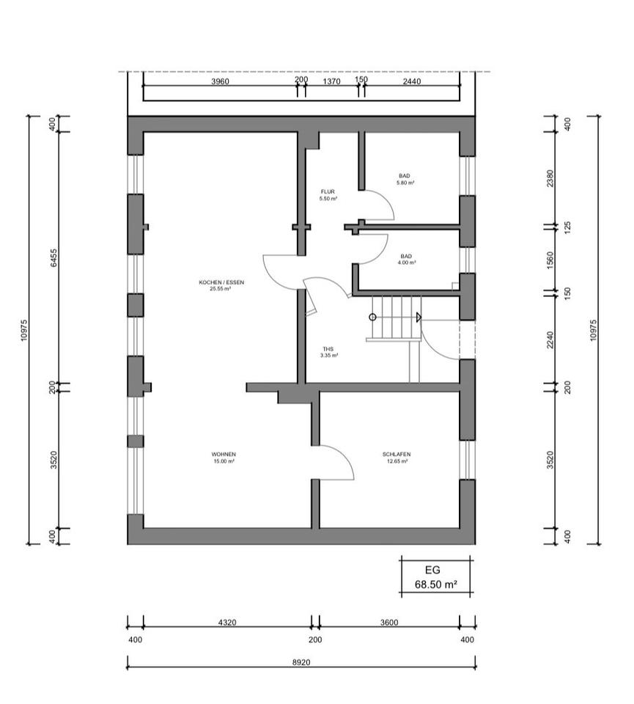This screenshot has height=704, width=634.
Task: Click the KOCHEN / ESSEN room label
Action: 221,282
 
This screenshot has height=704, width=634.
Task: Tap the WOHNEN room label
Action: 224,455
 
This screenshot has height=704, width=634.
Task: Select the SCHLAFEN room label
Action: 397,455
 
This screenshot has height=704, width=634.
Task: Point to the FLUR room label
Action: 328,191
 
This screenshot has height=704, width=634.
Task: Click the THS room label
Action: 328,349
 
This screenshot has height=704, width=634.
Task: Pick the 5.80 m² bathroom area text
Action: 405,183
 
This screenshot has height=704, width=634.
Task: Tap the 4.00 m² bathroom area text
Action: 406,263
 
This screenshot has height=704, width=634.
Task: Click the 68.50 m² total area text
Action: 435,584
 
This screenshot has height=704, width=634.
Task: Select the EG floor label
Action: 432,571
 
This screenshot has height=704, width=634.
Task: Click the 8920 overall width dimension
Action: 301,662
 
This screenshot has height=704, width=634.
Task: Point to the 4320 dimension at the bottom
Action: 227,623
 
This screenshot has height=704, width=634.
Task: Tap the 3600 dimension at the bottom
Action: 389,623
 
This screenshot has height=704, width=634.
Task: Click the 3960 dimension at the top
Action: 220,81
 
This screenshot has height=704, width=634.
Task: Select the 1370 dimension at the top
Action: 331,81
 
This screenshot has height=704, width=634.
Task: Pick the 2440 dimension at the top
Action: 412,81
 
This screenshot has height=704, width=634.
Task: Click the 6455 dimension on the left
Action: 54,258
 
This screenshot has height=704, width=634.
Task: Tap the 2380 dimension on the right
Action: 550,178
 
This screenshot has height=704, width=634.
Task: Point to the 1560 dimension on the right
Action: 550,260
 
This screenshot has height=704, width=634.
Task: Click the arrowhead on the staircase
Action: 419,318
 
